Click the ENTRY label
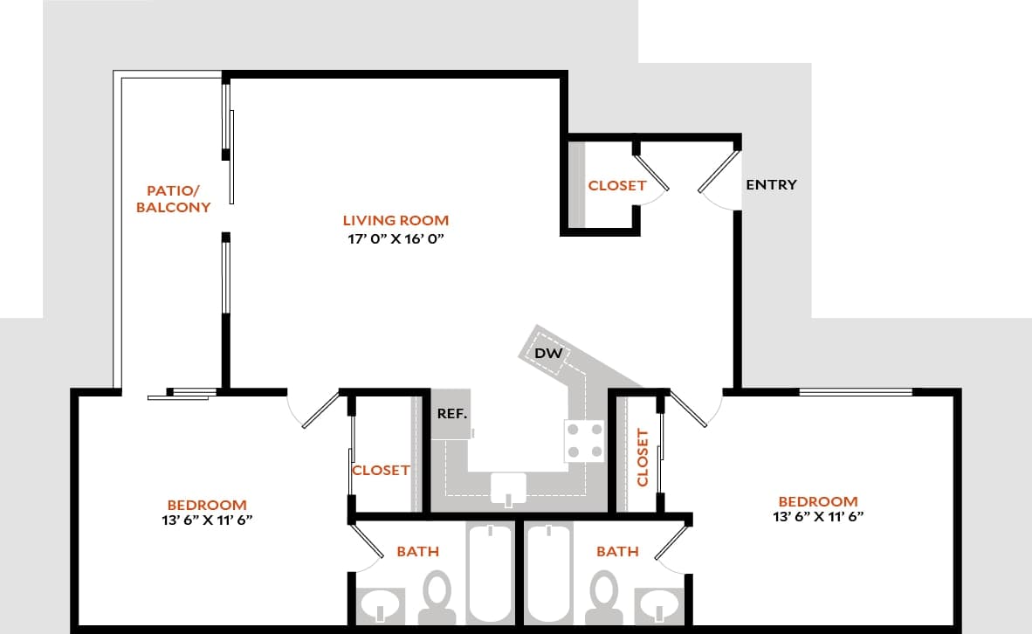771,185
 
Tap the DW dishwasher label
547,354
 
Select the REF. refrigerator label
452,413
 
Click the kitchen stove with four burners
584,441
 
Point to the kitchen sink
508,487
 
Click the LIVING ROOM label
396,220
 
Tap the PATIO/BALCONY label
179,199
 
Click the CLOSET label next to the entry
616,185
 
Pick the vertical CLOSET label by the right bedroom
643,457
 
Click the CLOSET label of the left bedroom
381,470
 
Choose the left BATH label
417,551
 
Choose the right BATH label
617,551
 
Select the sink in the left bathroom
381,605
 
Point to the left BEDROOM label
207,505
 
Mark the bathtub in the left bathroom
492,572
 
